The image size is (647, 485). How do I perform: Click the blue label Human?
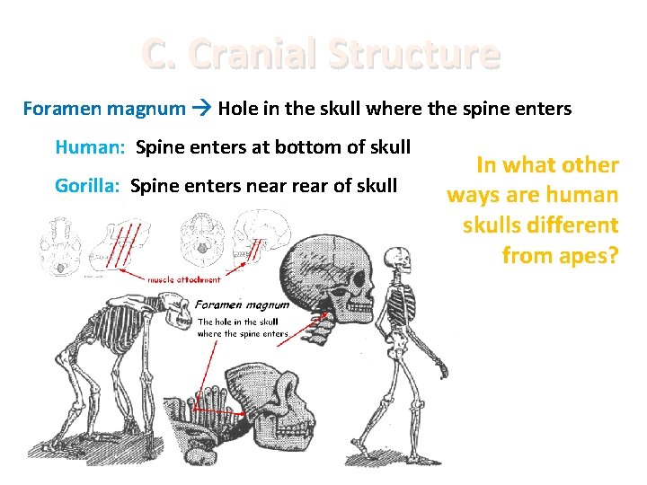(91, 146)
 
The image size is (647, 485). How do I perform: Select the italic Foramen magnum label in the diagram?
(242, 304)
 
